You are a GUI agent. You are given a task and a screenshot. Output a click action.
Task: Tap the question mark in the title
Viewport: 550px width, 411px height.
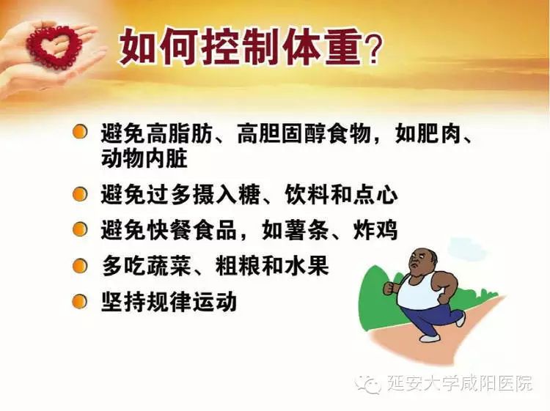pyautogui.click(x=370, y=51)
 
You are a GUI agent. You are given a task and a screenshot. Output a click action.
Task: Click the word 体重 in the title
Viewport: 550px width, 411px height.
pyautogui.click(x=322, y=47)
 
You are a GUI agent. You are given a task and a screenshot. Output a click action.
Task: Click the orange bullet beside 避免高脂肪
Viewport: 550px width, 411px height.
pyautogui.click(x=80, y=133)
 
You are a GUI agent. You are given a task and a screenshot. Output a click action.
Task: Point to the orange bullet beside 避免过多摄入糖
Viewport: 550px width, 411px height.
pyautogui.click(x=80, y=194)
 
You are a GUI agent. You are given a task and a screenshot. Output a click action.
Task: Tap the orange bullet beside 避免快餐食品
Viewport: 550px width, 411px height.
pyautogui.click(x=80, y=230)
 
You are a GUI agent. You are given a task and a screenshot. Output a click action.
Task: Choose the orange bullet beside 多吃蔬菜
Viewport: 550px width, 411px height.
pyautogui.click(x=80, y=266)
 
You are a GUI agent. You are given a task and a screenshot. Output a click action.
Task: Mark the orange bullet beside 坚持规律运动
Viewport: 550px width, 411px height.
pyautogui.click(x=80, y=302)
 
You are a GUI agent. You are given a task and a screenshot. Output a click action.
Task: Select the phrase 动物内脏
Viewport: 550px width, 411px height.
pyautogui.click(x=144, y=159)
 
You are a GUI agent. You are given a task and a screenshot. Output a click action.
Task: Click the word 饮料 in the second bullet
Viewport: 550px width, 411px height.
pyautogui.click(x=307, y=194)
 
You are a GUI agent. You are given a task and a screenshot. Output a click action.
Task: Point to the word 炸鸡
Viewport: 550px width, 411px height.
pyautogui.click(x=375, y=230)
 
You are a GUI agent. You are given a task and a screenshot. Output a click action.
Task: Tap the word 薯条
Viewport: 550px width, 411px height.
pyautogui.click(x=307, y=230)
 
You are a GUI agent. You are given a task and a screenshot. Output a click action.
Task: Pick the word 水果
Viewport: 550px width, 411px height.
pyautogui.click(x=307, y=266)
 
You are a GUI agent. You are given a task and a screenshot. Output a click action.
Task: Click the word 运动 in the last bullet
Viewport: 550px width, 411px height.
pyautogui.click(x=215, y=302)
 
